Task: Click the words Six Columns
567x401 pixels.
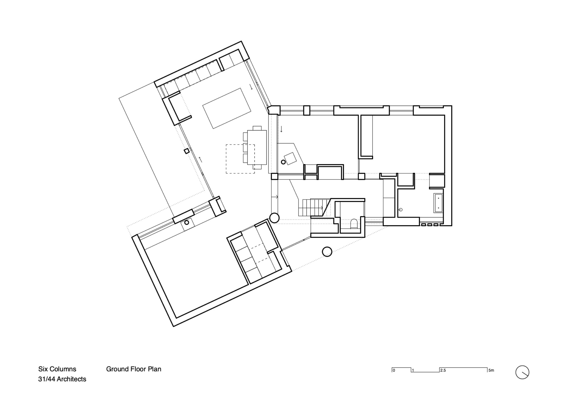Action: [x=57, y=369]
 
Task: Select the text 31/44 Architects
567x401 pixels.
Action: [x=62, y=379]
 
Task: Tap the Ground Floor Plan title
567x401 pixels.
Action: [x=134, y=369]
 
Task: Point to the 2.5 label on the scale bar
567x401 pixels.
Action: [x=443, y=370]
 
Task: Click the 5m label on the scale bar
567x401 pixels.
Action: [x=491, y=370]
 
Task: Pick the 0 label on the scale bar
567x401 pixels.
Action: [x=394, y=370]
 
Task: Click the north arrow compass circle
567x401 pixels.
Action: [x=522, y=372]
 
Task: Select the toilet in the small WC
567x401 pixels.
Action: [x=354, y=224]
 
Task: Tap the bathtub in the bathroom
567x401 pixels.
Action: [x=438, y=203]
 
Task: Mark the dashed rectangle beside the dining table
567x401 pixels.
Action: [x=240, y=159]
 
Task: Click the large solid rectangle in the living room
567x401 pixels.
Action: [x=227, y=108]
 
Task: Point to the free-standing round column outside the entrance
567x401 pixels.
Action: [x=327, y=251]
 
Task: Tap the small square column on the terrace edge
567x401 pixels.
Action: [x=186, y=151]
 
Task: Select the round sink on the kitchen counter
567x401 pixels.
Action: [x=187, y=222]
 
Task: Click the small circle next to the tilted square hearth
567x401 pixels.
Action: [x=283, y=162]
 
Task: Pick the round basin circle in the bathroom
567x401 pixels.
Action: [x=401, y=210]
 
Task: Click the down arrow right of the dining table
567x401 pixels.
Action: [x=281, y=129]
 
